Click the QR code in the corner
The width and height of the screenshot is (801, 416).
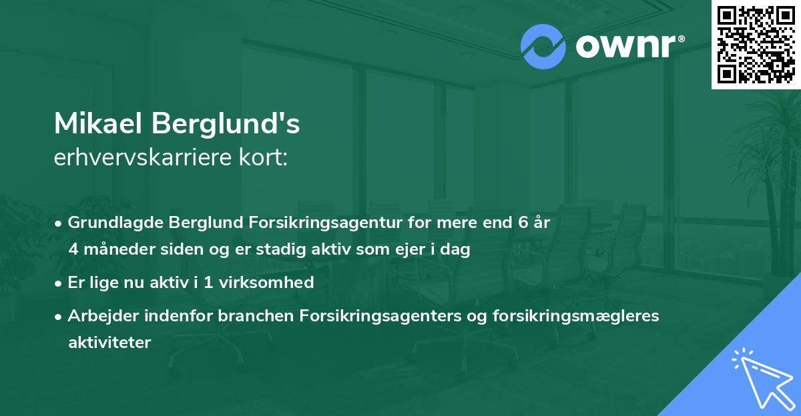[x=756, y=45]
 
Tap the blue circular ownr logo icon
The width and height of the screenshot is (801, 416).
[x=542, y=47]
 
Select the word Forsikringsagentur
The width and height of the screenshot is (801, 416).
[x=313, y=223]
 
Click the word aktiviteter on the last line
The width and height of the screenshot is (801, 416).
[x=109, y=343]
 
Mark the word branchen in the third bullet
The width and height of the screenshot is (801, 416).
[x=214, y=315]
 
